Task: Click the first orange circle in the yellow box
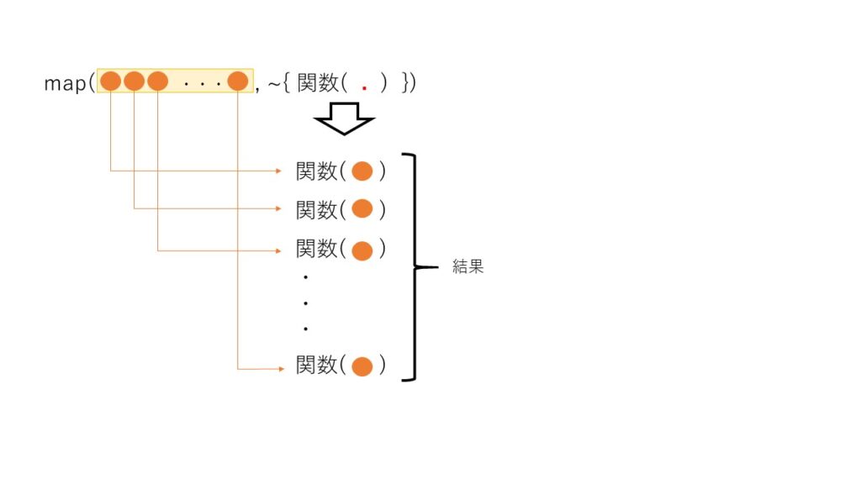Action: pyautogui.click(x=110, y=82)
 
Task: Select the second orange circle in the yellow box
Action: pyautogui.click(x=135, y=82)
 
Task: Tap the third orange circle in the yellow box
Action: pyautogui.click(x=158, y=82)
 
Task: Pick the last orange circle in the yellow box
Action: pyautogui.click(x=238, y=82)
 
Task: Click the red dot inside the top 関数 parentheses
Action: pyautogui.click(x=364, y=87)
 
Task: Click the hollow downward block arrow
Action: pyautogui.click(x=344, y=118)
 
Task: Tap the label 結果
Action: pyautogui.click(x=468, y=267)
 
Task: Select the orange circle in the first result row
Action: pyautogui.click(x=362, y=171)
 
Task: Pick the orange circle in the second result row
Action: pyautogui.click(x=362, y=208)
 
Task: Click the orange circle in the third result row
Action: pyautogui.click(x=362, y=250)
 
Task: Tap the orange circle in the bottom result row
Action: pyautogui.click(x=362, y=366)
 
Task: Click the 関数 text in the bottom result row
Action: pyautogui.click(x=316, y=366)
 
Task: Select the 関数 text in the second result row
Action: pyautogui.click(x=316, y=209)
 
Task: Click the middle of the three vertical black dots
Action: pyautogui.click(x=306, y=302)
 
